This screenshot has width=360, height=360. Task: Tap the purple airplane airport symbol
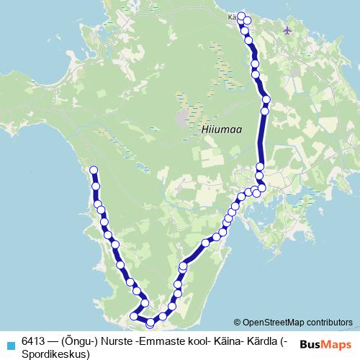tap(289, 30)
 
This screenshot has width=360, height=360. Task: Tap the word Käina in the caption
tap(227, 340)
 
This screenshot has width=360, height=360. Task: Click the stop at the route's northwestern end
tap(93, 170)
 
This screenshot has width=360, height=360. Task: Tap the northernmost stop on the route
tap(241, 16)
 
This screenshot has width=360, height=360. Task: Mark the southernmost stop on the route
tap(150, 323)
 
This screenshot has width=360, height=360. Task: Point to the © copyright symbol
tap(237, 323)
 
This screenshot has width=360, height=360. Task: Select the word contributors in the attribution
tap(330, 323)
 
